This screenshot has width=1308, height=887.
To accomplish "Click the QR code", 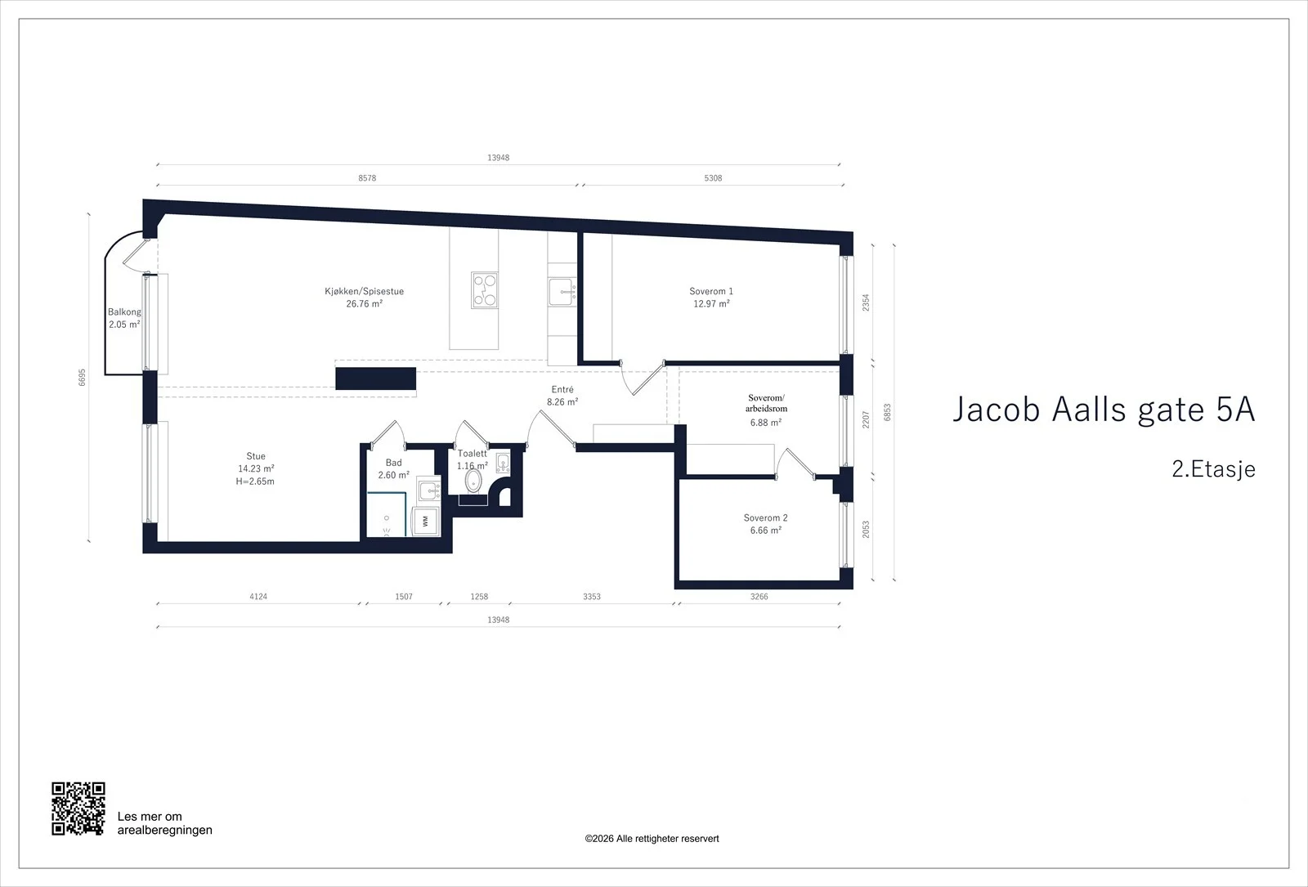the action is point(78,809).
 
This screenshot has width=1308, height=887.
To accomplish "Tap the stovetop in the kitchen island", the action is point(485,290).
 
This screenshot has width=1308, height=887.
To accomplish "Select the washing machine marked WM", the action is point(426,521).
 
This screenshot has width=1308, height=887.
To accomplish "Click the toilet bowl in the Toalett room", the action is point(473,482).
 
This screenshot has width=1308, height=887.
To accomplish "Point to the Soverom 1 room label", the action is point(711,291).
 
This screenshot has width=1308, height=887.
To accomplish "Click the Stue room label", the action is point(256,456).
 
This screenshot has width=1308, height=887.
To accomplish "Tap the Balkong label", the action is point(124,311).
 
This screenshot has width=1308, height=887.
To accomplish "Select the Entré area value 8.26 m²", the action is point(562,401).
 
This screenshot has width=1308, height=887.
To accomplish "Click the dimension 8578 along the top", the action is point(367,178).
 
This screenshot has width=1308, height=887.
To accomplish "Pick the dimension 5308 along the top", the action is point(713,178).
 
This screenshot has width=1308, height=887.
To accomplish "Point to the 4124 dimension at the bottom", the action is point(258,596).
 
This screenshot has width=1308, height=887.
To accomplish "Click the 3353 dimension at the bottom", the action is point(592,596).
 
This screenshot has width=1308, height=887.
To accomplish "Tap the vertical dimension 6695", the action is point(83,377).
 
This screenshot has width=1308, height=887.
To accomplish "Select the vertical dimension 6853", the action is point(888,412).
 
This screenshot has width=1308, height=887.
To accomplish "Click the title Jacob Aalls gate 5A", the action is point(1104,410).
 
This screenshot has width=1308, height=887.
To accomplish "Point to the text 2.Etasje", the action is point(1213,469).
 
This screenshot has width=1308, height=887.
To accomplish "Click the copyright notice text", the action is point(652,839).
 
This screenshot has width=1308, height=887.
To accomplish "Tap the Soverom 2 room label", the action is point(765,517).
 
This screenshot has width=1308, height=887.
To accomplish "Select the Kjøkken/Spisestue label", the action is point(365,291).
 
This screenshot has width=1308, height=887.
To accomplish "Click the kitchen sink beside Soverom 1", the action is point(562,292).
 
